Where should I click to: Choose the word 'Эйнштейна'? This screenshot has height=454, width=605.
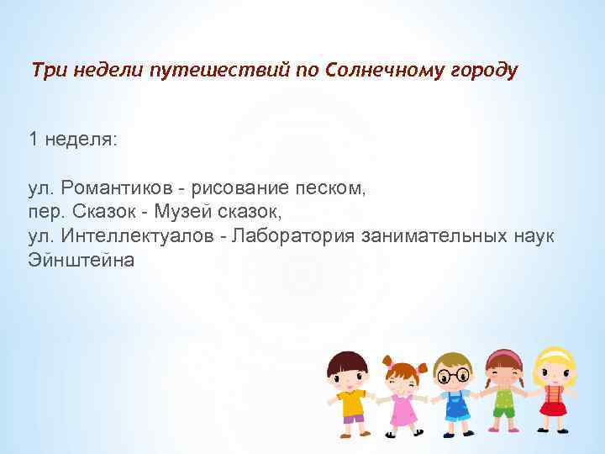81,260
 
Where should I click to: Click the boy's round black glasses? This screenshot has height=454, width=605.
455,374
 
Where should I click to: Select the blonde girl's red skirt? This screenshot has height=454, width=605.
553,409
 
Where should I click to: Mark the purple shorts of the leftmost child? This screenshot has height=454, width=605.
353,418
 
